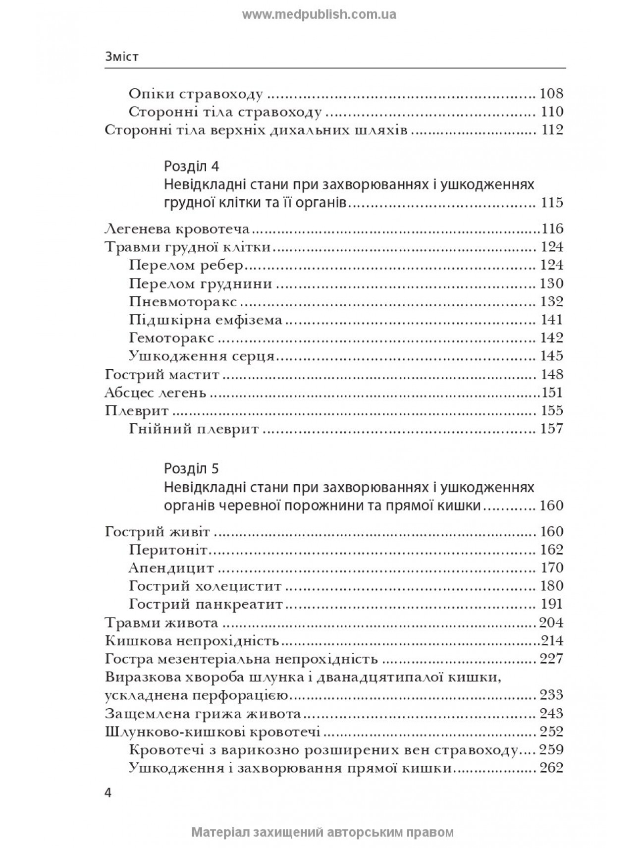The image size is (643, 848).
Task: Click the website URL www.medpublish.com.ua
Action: click(x=319, y=14)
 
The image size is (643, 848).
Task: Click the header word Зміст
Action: click(x=122, y=57)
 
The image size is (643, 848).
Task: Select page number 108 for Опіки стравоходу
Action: click(x=552, y=94)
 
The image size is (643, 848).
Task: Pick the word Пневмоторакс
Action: click(x=183, y=302)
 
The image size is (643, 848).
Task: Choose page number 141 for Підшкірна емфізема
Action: click(x=552, y=320)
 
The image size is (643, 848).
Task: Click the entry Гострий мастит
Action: click(x=162, y=374)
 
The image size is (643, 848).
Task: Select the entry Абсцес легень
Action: click(x=156, y=393)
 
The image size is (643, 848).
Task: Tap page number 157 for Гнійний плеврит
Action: click(x=552, y=429)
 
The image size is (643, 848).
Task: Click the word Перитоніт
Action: click(x=168, y=550)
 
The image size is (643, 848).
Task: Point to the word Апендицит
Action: click(x=171, y=568)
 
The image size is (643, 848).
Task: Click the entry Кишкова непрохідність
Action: click(x=192, y=641)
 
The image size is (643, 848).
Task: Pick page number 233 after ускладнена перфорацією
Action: click(x=552, y=695)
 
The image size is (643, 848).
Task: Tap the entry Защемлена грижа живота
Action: click(x=203, y=714)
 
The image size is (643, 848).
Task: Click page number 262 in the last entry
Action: click(x=552, y=768)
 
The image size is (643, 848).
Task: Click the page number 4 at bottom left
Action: click(x=109, y=792)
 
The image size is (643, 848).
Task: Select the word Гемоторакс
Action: click(x=171, y=338)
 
